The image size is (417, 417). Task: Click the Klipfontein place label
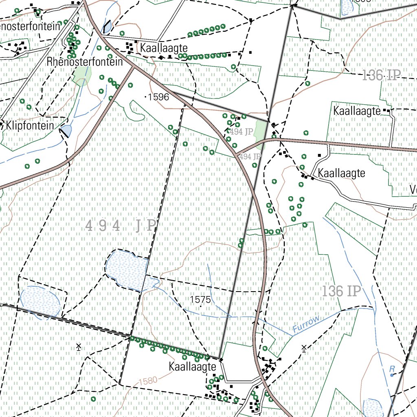30,125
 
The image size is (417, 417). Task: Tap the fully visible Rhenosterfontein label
85,62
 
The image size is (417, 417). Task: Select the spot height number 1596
158,97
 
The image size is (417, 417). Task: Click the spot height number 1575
200,300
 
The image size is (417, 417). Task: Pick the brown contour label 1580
148,382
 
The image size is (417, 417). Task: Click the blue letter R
392,369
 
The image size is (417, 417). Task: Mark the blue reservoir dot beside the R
392,375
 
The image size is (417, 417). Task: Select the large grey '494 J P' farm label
121,226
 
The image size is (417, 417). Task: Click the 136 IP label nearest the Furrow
342,291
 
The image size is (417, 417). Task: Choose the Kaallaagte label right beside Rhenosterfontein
163,48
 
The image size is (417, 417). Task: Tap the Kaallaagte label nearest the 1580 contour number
192,367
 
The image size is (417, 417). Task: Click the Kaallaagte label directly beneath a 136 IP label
356,111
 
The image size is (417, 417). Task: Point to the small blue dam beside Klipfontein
66,131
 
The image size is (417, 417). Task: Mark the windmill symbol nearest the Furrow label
304,348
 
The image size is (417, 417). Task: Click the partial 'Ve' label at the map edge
413,190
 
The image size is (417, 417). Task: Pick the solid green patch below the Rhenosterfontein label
82,75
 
